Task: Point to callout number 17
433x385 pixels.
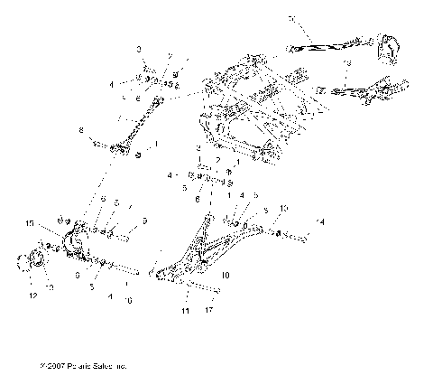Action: [211, 311]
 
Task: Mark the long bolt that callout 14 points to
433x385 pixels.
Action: [293, 237]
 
